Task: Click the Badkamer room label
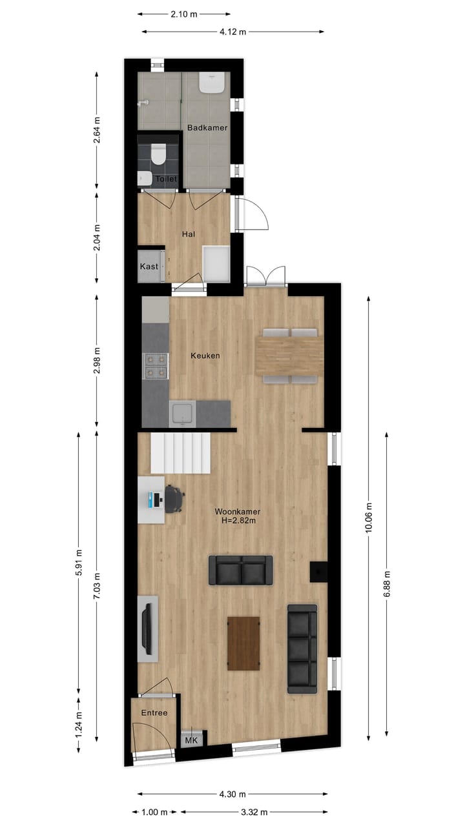207,128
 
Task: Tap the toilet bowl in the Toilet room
158,155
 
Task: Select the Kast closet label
149,267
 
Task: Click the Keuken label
205,356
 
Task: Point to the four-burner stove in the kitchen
156,365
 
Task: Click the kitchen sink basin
182,413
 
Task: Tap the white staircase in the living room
180,452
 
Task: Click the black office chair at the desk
174,499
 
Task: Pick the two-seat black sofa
240,570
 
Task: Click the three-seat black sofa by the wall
302,649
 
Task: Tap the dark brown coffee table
243,643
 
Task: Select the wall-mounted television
148,627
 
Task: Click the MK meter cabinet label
191,740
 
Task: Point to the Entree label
154,713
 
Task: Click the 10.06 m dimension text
369,518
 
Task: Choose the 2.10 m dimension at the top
184,14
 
